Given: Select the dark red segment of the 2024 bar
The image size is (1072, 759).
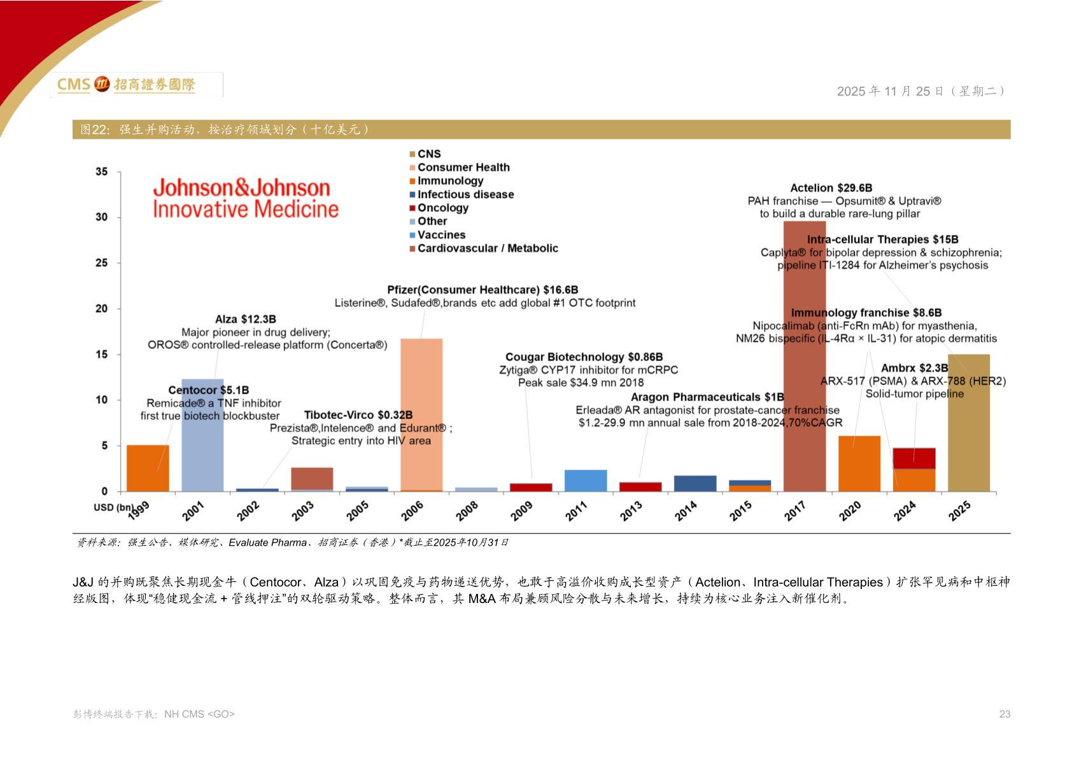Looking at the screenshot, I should (914, 458).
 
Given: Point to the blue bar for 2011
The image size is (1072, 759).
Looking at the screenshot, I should (586, 481).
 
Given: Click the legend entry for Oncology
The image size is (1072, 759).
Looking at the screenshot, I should (442, 208).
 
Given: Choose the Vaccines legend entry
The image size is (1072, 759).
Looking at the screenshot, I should (441, 235).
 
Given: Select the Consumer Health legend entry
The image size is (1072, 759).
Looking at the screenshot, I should (463, 167).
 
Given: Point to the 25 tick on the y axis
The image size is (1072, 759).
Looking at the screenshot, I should (102, 263).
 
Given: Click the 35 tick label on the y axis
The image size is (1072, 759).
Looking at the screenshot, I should (102, 172).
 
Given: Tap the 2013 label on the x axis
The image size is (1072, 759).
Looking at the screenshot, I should (631, 511).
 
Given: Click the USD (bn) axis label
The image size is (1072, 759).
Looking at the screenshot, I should (113, 507).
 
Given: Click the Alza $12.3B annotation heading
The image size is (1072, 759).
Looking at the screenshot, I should (246, 319).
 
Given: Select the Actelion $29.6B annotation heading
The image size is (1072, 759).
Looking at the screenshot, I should (831, 188).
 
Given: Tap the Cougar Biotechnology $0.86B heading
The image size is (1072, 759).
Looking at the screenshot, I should (584, 357).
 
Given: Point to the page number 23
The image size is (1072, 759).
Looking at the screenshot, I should (1005, 714).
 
